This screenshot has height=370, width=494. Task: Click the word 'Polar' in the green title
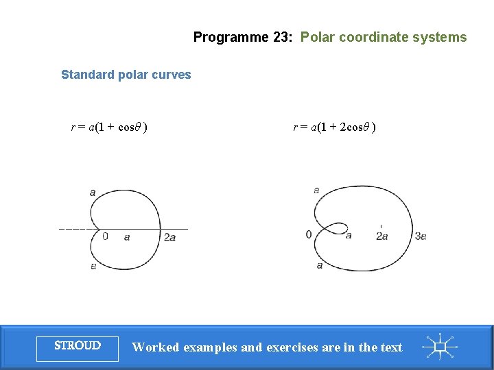317,38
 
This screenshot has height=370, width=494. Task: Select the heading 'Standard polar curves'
126,75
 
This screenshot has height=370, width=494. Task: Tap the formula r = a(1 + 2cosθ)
334,127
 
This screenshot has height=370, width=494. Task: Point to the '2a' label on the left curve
169,237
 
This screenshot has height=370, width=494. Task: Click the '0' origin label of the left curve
105,236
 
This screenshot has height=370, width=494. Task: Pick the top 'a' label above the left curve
93,193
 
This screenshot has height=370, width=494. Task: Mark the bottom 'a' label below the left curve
93,266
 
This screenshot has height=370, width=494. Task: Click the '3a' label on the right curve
421,236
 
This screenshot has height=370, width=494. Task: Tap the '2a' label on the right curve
382,236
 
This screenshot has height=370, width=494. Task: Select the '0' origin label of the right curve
309,235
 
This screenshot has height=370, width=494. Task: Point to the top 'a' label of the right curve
316,190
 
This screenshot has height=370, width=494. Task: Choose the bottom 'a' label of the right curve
320,265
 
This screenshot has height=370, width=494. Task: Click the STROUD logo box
78,346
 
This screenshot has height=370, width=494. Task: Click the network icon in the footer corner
440,347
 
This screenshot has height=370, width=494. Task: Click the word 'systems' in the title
440,38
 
